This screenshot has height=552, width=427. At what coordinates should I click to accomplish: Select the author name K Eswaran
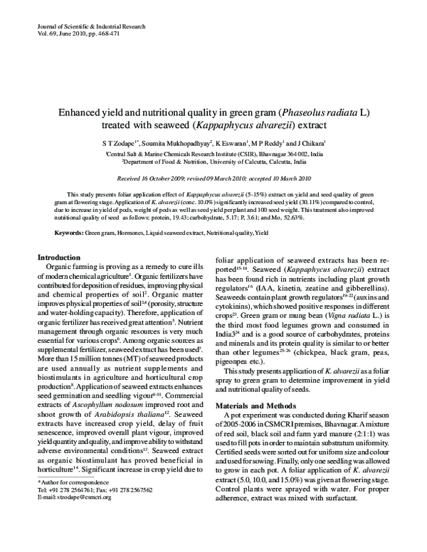point(234,143)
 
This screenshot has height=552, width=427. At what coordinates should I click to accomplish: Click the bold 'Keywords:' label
point(70,233)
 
